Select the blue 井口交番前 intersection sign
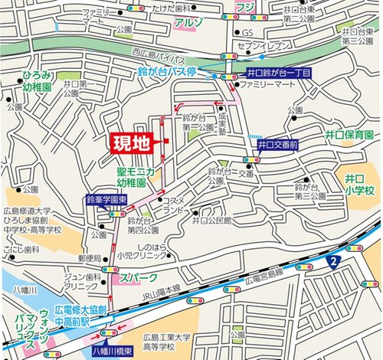[277, 144]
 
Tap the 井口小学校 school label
[358, 184]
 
